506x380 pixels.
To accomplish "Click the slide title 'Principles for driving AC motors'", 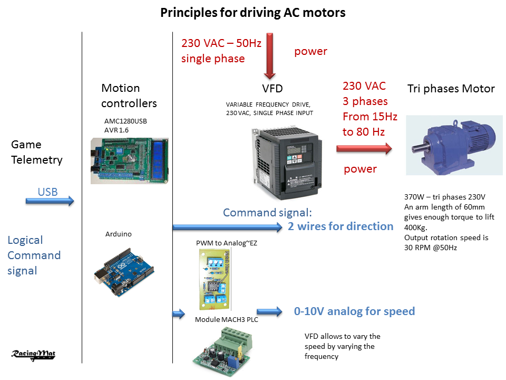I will [x=253, y=13].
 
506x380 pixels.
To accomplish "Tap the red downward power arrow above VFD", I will [x=270, y=55].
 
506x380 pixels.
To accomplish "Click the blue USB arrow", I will [x=50, y=201].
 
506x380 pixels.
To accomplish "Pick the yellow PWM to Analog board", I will [x=214, y=279].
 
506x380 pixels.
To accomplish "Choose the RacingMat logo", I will [x=34, y=355].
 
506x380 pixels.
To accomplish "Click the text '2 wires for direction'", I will [x=340, y=226].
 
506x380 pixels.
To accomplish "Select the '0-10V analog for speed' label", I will [x=354, y=311].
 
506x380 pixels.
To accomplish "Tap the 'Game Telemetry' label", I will [x=36, y=152].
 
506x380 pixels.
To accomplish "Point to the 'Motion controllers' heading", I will [x=129, y=96].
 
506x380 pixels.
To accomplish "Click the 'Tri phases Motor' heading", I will [x=451, y=89].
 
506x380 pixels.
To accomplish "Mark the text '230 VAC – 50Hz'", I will [x=221, y=44].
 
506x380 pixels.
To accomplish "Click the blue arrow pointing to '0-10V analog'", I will [x=270, y=311].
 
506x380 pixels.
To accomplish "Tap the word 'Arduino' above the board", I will [x=119, y=234].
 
